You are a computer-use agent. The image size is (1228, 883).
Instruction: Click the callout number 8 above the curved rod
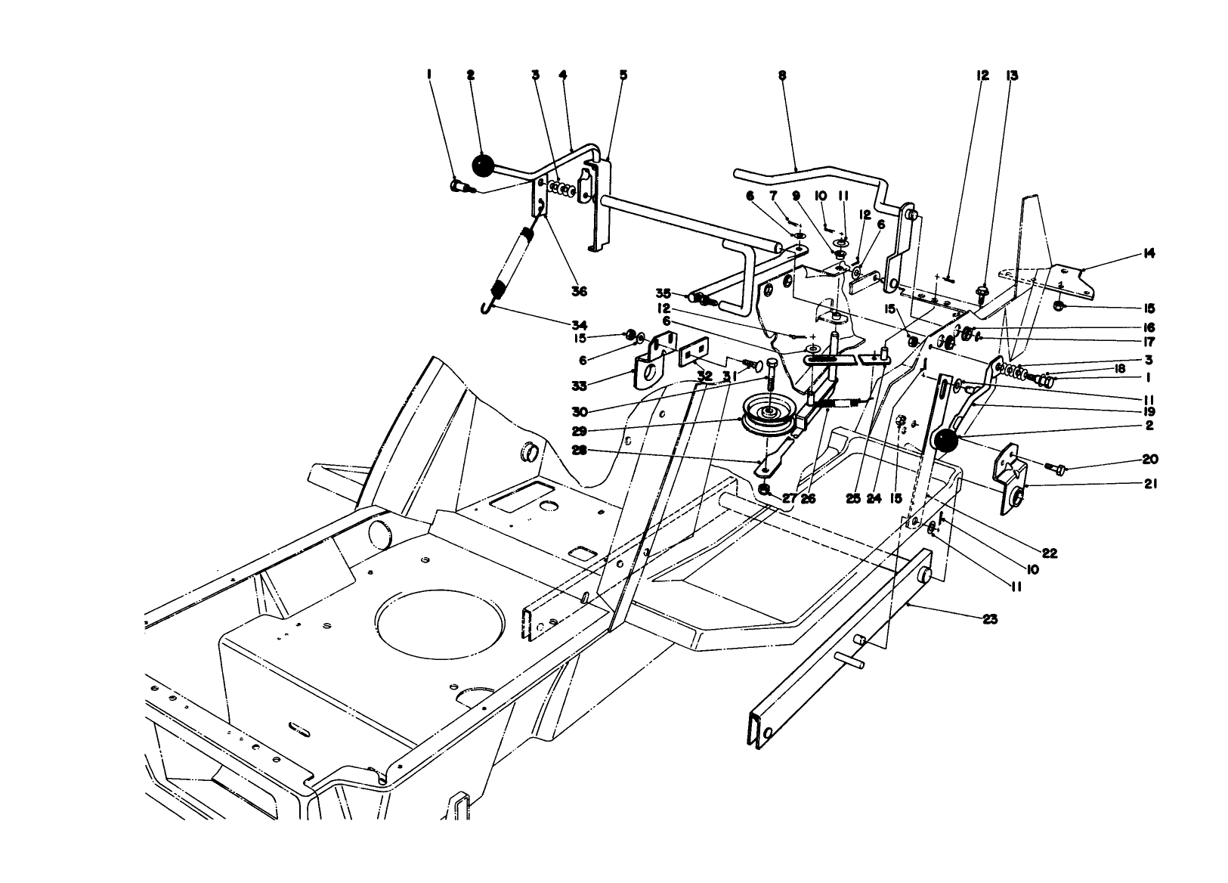pos(781,76)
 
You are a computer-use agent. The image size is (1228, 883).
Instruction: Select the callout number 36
pos(579,291)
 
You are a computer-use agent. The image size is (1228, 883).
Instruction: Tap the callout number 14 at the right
pos(1149,254)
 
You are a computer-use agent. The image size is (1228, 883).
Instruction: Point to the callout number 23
pos(990,619)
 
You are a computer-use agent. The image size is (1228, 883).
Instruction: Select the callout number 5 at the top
pos(623,76)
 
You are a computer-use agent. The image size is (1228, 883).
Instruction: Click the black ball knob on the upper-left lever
pos(482,165)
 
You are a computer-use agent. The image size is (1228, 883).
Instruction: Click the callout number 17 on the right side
pos(1149,342)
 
